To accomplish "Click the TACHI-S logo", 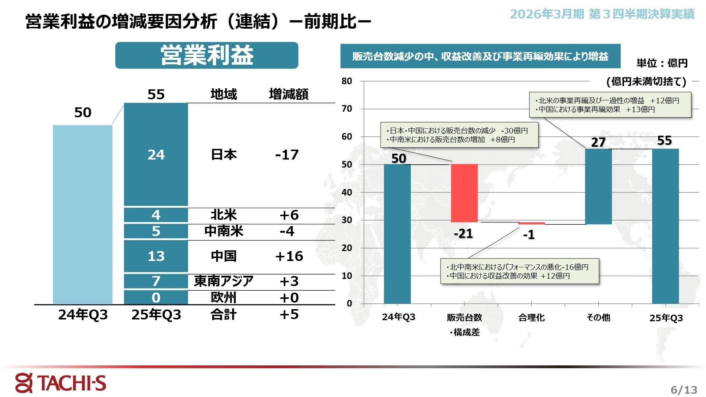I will [61, 383].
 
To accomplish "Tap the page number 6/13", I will [684, 390].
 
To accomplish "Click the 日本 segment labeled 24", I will [156, 154].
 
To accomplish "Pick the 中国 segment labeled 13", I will [156, 256].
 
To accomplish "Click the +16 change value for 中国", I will [289, 256].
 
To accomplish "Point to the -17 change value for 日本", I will [287, 155].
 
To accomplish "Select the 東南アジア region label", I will [224, 281].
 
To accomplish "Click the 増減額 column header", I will [289, 94].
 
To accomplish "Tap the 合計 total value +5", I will [289, 314].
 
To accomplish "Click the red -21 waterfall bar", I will [464, 193].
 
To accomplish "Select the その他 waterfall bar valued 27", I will [598, 186].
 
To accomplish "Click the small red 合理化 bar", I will [531, 223].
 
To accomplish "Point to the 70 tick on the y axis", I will [347, 109].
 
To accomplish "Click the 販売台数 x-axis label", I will [464, 318].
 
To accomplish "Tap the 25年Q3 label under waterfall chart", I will [666, 318].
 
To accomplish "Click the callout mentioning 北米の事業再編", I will [610, 105].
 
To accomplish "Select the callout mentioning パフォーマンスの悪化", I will [520, 271].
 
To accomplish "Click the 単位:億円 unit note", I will [662, 63].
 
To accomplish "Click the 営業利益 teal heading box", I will [207, 56].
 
